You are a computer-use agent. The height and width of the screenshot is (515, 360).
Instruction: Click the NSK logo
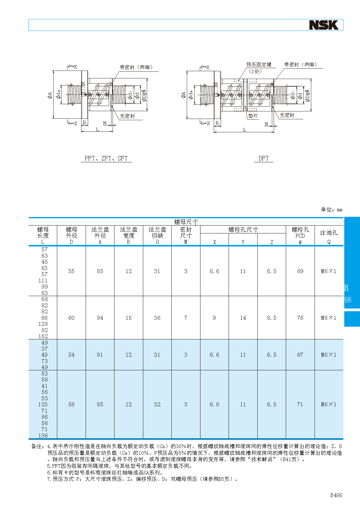[x=324, y=25]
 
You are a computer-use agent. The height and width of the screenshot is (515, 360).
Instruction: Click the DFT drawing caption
[x=263, y=158]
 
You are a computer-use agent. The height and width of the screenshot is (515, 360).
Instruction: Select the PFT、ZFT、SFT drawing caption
[x=106, y=158]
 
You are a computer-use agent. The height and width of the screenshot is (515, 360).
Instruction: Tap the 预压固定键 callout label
[x=259, y=64]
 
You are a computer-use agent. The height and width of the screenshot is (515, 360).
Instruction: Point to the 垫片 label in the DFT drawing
[x=253, y=116]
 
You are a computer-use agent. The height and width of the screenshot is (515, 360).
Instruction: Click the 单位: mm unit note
[x=332, y=210]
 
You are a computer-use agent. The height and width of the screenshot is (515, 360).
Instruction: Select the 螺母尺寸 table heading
[x=186, y=222]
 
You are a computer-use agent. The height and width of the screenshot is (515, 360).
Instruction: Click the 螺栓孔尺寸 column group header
[x=243, y=229]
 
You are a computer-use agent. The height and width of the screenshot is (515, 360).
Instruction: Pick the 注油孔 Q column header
[x=329, y=236]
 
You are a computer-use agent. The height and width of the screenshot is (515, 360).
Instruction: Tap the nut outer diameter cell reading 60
[x=71, y=318]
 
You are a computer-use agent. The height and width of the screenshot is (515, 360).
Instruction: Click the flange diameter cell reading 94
[x=100, y=318]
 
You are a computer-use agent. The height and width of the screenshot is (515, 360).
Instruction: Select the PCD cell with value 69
[x=300, y=271]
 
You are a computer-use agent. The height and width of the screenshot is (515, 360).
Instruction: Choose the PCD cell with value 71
[x=300, y=404]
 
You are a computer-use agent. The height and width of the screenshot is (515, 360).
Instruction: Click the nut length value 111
[x=43, y=281]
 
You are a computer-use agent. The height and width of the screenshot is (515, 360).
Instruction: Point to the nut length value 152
[x=43, y=336]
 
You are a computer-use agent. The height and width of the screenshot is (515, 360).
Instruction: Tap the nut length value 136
[x=43, y=436]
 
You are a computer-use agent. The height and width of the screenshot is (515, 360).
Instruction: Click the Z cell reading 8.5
[x=272, y=318]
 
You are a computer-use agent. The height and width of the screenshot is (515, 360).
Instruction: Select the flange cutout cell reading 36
[x=157, y=318]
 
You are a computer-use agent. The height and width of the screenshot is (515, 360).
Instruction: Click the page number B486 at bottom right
[x=336, y=495]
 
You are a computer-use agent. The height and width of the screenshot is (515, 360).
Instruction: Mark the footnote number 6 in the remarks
[x=49, y=473]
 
